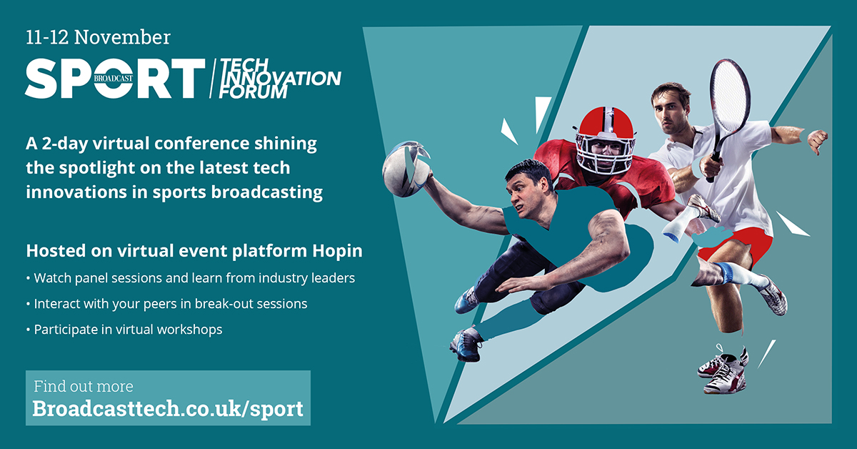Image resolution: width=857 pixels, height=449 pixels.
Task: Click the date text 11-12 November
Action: pyautogui.click(x=98, y=38)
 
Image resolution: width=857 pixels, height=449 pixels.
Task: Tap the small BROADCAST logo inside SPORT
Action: pyautogui.click(x=114, y=78)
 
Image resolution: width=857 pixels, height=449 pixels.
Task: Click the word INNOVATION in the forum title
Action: pyautogui.click(x=281, y=78)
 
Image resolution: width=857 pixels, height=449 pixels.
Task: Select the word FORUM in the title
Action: pyautogui.click(x=253, y=92)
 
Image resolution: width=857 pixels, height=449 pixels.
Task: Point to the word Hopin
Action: pyautogui.click(x=337, y=252)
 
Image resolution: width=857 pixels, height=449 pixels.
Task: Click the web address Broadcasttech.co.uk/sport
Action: pyautogui.click(x=168, y=408)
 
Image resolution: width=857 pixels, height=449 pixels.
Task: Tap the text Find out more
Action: pyautogui.click(x=84, y=386)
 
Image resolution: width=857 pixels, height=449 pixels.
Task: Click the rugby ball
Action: pyautogui.click(x=406, y=169)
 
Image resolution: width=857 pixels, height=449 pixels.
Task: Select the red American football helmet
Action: pyautogui.click(x=606, y=140)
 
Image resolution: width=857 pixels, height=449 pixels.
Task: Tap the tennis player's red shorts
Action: pyautogui.click(x=735, y=245)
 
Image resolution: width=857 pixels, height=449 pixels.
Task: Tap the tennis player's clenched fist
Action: pyautogui.click(x=818, y=140)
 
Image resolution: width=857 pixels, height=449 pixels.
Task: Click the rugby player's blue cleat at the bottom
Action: pyautogui.click(x=466, y=345)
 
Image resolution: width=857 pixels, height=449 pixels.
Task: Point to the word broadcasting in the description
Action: pyautogui.click(x=267, y=192)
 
